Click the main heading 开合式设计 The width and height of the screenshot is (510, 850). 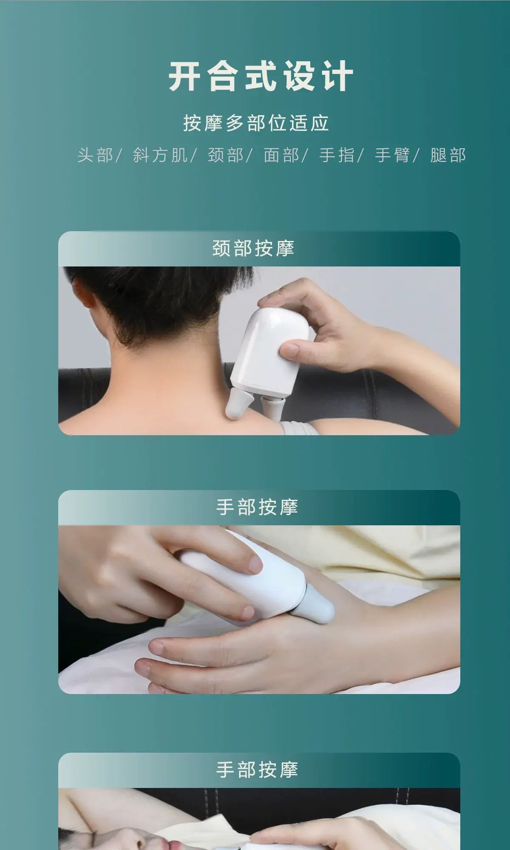(x=261, y=76)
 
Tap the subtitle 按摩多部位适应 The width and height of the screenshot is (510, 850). (x=256, y=123)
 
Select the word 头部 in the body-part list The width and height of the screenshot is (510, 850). (x=95, y=155)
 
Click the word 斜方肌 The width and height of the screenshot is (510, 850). (x=160, y=155)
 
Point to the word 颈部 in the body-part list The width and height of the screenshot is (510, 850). (x=226, y=155)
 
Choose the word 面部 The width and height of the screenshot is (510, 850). (x=281, y=155)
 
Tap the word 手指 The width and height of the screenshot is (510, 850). (x=337, y=155)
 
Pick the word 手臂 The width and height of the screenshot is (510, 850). (x=392, y=155)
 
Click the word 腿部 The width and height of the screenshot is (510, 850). (x=448, y=155)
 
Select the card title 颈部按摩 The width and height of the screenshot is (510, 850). (x=253, y=248)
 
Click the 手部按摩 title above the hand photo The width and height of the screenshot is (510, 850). (x=257, y=507)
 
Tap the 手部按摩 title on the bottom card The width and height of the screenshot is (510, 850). (x=257, y=769)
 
